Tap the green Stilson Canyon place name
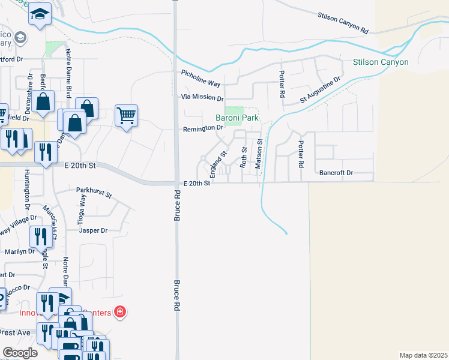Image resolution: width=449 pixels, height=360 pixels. tap(381, 62)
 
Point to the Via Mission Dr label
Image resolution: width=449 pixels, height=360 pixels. tap(202, 98)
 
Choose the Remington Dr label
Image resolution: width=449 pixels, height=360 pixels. tap(203, 128)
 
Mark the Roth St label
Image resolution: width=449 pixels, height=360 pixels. tap(244, 157)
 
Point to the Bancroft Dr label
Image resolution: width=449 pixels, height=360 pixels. tap(336, 173)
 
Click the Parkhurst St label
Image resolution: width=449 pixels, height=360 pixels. tap(94, 193)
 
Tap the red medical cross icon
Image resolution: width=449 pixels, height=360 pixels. tap(120, 311)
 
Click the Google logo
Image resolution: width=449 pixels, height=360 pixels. tap(20, 353)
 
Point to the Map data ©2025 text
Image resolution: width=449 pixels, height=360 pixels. tap(423, 355)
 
